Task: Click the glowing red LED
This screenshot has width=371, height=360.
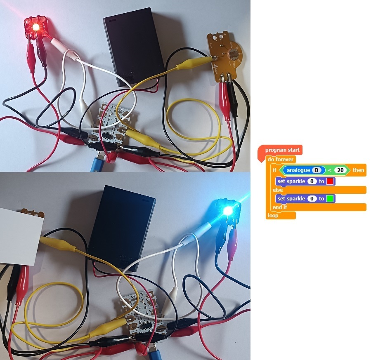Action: pyautogui.click(x=35, y=27)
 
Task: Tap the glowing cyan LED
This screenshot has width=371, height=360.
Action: pyautogui.click(x=227, y=211)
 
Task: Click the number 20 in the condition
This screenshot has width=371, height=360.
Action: pyautogui.click(x=340, y=170)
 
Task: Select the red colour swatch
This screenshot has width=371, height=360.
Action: pyautogui.click(x=330, y=181)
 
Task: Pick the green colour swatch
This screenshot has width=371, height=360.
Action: pyautogui.click(x=330, y=199)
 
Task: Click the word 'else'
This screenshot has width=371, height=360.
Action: pyautogui.click(x=278, y=190)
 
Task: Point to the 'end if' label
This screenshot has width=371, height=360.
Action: pyautogui.click(x=279, y=207)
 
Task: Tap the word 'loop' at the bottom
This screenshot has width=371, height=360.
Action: pyautogui.click(x=273, y=215)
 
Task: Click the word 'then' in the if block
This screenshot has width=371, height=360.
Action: pyautogui.click(x=358, y=170)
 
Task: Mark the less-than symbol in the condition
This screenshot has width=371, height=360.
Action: pyautogui.click(x=330, y=170)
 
